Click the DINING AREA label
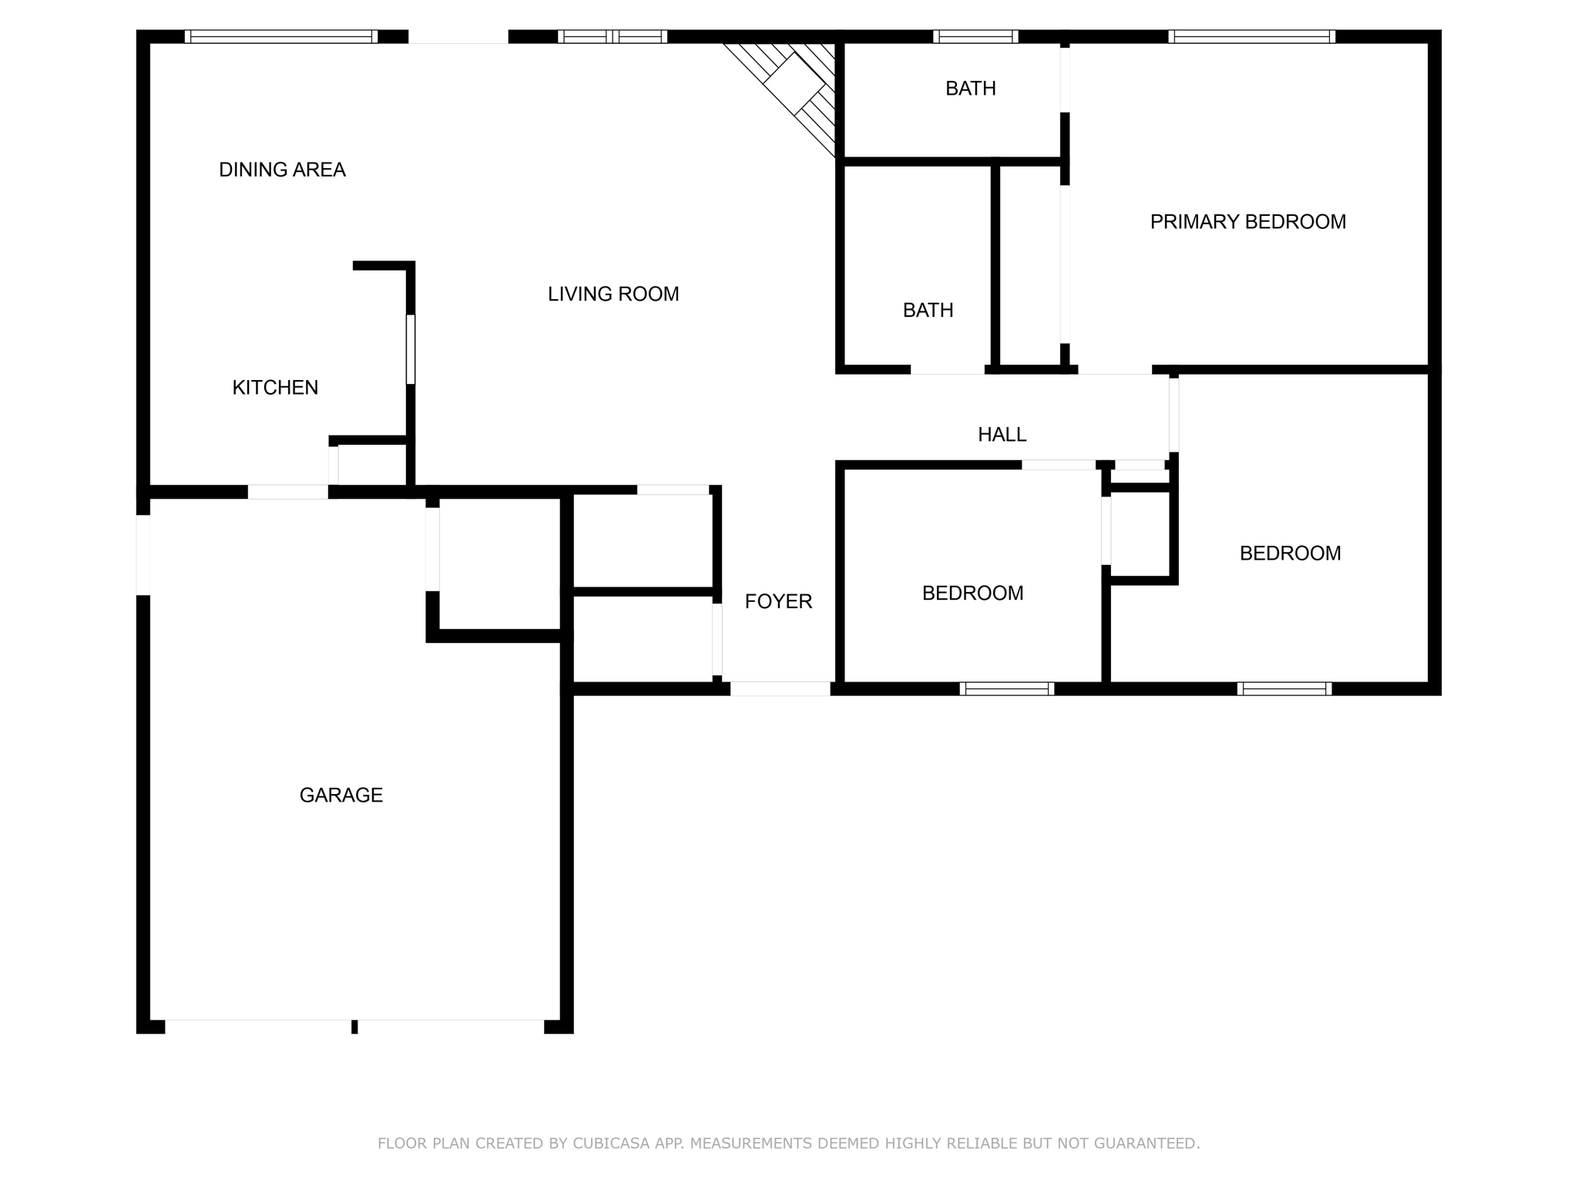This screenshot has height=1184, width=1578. (x=282, y=170)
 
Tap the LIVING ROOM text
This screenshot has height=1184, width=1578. (x=613, y=294)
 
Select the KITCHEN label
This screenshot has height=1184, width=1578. (x=275, y=387)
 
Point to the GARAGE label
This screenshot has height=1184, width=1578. (x=341, y=795)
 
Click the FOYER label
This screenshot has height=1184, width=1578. (x=778, y=601)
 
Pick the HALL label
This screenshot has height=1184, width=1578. (x=1002, y=435)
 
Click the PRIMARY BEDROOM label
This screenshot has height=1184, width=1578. (x=1247, y=222)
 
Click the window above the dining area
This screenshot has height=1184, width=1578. (x=281, y=36)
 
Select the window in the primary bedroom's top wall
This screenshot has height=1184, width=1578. (x=1251, y=36)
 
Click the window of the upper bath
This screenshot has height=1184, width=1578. (x=975, y=36)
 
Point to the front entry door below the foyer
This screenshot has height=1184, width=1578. (x=780, y=688)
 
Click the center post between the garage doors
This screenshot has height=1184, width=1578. (x=354, y=1026)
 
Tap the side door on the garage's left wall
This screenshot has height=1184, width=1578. (x=143, y=555)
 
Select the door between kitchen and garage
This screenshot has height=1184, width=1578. (x=287, y=492)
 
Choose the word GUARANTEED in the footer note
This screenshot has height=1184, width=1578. (x=1148, y=1143)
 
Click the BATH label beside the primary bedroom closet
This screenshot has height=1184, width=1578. (x=928, y=310)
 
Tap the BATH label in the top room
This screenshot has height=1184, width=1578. (x=970, y=89)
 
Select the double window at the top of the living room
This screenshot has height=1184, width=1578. (x=613, y=36)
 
